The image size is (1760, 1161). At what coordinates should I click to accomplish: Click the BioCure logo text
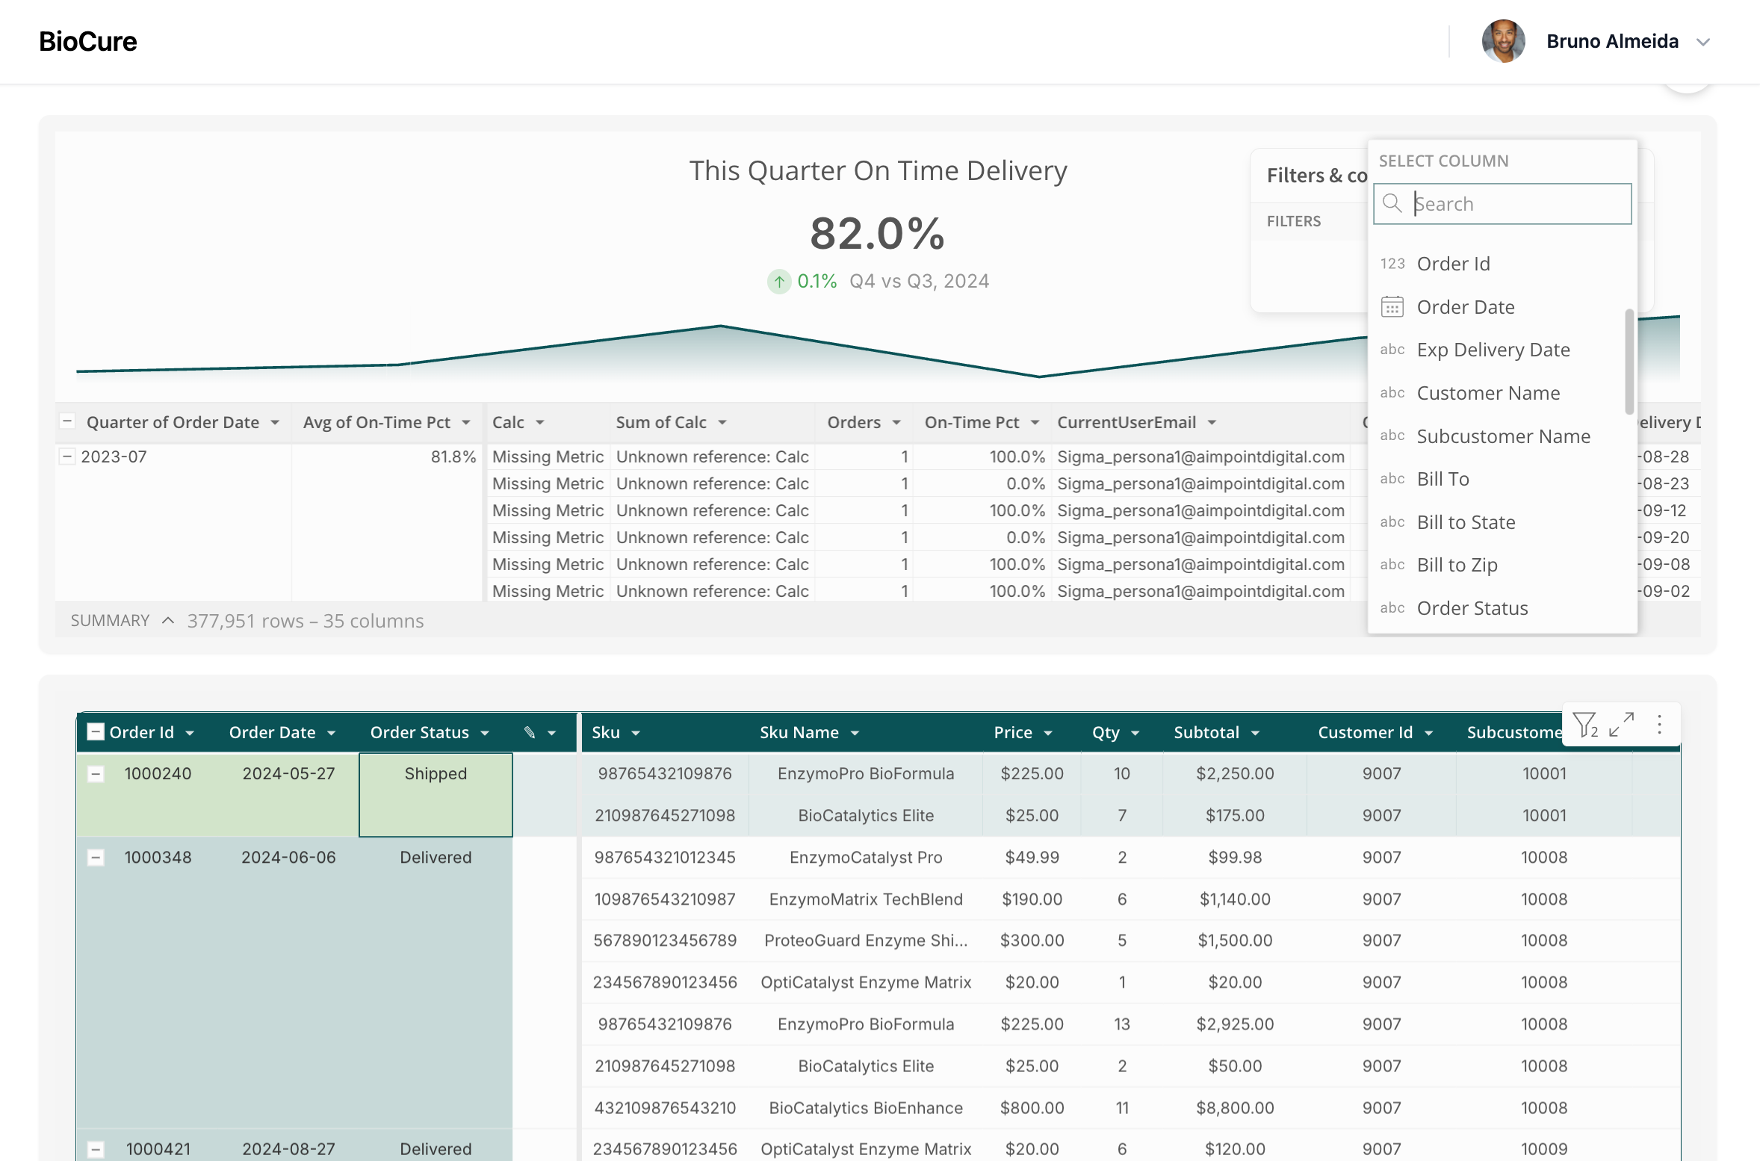pos(88,42)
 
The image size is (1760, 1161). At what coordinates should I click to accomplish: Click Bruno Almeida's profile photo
pos(1503,41)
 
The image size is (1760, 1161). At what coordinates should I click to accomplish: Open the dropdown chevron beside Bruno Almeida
pos(1703,43)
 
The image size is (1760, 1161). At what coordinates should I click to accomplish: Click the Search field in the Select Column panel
pos(1502,204)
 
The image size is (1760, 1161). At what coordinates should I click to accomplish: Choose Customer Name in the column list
pos(1488,393)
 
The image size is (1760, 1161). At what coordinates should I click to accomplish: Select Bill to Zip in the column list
pos(1457,565)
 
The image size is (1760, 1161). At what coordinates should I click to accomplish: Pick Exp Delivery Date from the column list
pos(1493,350)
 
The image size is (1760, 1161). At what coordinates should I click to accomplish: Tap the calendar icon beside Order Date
pos(1392,307)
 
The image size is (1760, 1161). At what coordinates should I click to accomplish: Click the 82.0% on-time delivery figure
pos(878,233)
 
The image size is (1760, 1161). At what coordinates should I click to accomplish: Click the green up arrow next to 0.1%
pos(779,282)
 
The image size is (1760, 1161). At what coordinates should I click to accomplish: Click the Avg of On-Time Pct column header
pos(377,422)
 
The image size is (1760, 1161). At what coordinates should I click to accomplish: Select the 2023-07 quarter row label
pos(114,456)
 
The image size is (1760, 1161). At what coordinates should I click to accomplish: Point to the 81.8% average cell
pos(453,456)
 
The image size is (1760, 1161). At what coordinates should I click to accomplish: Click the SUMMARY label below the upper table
pos(110,621)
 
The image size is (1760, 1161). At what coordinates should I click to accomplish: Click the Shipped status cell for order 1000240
pos(436,794)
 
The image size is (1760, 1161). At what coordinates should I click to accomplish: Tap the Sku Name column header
pos(799,732)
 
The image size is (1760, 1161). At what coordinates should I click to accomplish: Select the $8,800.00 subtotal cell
pos(1235,1108)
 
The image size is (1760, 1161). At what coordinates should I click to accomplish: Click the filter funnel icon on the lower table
pos(1584,725)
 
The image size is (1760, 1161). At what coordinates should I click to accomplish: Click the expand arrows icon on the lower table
pos(1621,724)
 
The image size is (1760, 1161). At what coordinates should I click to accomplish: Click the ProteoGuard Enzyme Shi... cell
pos(866,941)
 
